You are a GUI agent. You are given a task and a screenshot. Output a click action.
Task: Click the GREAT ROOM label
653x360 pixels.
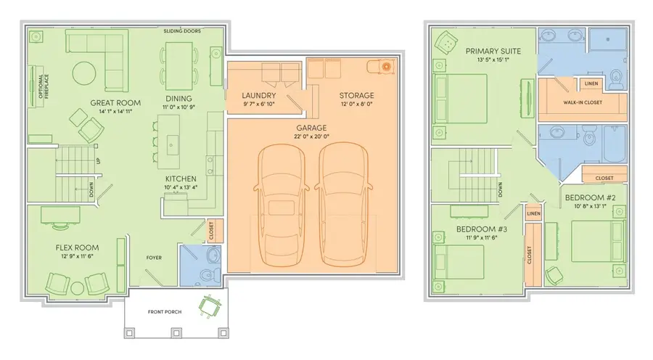[x=115, y=102]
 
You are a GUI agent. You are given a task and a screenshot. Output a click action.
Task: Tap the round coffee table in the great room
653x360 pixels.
[x=84, y=73]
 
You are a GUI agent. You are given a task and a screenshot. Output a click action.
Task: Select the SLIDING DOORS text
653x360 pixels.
[x=182, y=30]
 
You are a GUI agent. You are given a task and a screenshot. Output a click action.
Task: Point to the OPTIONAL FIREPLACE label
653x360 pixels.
[x=44, y=86]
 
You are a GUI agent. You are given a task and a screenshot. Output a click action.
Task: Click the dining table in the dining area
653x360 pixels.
[x=179, y=66]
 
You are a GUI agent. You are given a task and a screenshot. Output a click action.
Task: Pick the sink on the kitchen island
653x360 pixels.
[x=171, y=145]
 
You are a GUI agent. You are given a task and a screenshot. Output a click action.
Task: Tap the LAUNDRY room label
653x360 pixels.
[x=259, y=95]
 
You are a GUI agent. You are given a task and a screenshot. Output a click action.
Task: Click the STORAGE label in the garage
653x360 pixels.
[x=356, y=95]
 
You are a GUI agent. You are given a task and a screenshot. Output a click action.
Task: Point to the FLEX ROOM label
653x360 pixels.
[x=78, y=247]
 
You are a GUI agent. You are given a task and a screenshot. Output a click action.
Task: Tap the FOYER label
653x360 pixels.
[x=154, y=258]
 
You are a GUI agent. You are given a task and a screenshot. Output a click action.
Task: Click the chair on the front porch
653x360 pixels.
[x=210, y=307]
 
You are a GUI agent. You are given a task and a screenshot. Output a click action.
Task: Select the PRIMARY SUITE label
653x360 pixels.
[x=493, y=52]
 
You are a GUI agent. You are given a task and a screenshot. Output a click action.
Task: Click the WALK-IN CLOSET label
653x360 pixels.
[x=583, y=102]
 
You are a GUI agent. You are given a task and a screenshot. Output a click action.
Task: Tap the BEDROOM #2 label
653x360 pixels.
[x=590, y=197]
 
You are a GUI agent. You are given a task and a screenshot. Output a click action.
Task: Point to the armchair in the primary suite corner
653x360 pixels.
[x=446, y=43]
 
